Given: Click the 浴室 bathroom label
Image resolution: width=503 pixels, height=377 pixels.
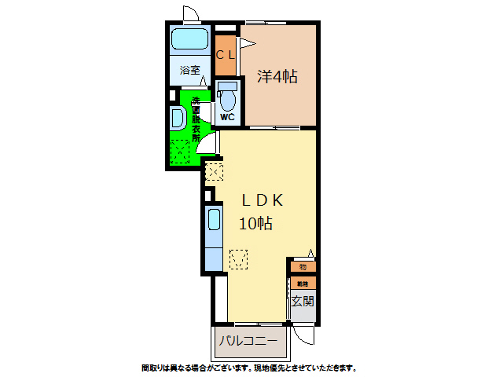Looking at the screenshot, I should tap(189, 70).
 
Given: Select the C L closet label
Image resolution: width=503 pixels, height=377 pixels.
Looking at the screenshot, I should tap(226, 55).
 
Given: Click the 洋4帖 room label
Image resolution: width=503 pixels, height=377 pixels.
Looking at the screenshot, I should tap(277, 76).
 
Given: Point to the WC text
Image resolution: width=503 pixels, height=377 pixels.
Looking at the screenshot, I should tap(227, 117).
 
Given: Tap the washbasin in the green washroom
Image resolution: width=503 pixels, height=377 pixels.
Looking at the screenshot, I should tap(178, 120).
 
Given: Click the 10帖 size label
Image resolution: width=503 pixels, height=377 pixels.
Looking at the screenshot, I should tap(256, 223).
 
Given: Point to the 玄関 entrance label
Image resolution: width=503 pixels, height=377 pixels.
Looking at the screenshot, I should tap(303, 301).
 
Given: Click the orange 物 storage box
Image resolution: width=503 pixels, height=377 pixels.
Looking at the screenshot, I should tap(303, 267).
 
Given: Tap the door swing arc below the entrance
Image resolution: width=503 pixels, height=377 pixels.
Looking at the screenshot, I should tap(307, 334).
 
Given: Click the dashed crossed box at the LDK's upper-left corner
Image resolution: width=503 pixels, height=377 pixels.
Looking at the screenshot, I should tap(214, 170).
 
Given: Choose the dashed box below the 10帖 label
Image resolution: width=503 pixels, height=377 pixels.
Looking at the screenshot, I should tap(239, 258).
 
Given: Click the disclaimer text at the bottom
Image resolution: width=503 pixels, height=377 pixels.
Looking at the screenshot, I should tap(249, 368).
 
